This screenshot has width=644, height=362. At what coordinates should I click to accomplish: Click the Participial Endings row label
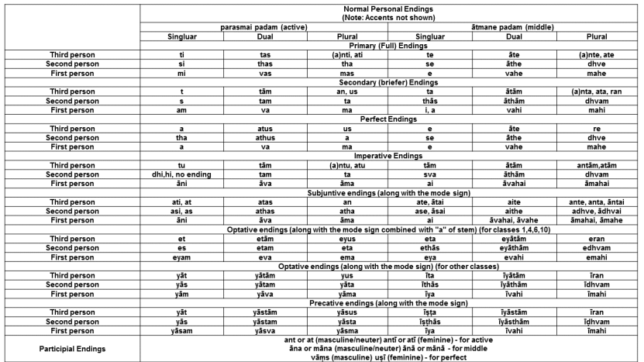70,348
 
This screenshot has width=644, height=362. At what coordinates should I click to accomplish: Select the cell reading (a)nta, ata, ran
597,91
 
